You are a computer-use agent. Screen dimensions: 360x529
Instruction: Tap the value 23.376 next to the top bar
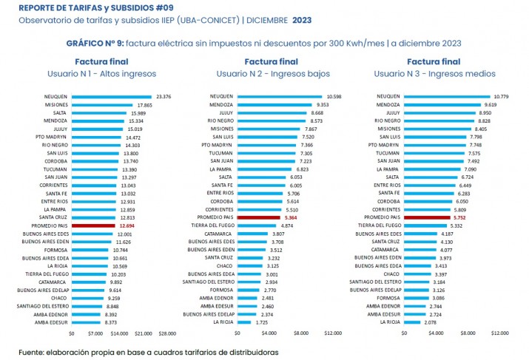(164, 97)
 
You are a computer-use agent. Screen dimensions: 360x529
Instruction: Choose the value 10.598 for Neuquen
(334, 97)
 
